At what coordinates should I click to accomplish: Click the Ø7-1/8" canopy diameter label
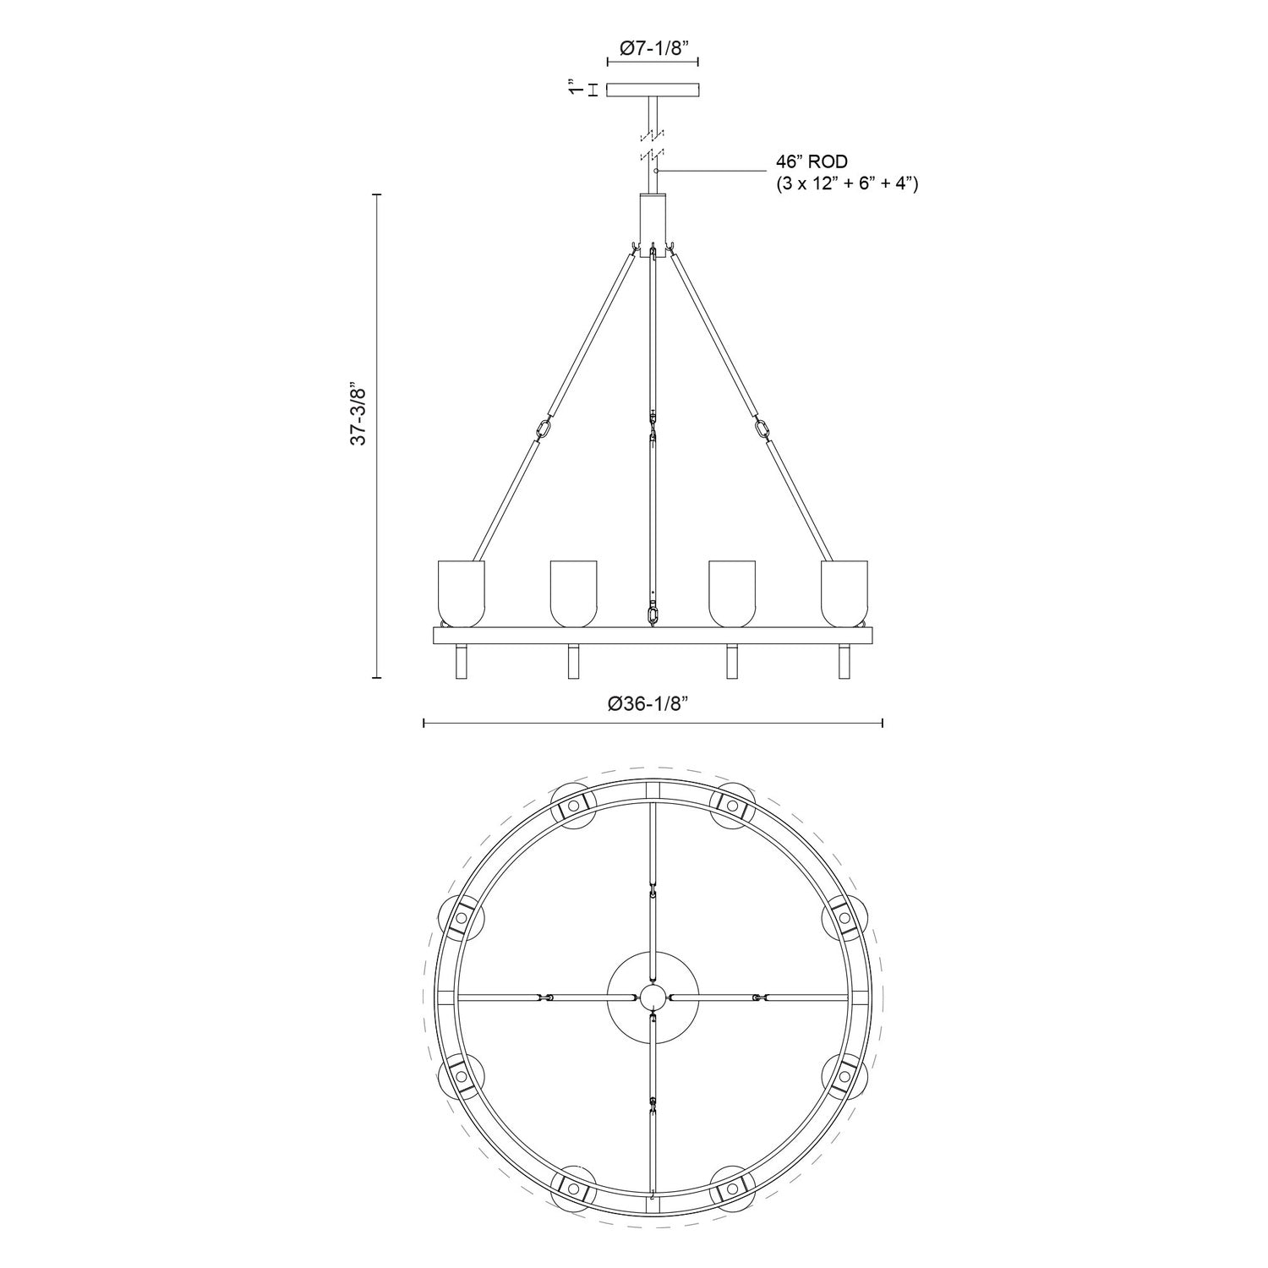(x=653, y=49)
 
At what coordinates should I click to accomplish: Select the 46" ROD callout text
(x=812, y=161)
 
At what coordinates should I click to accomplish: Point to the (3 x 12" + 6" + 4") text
(x=847, y=183)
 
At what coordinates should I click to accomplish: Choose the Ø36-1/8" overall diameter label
(x=653, y=702)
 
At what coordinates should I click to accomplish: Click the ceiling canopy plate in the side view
(x=653, y=89)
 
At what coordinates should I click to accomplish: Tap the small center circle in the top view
(x=653, y=997)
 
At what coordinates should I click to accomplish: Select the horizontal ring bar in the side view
(x=653, y=635)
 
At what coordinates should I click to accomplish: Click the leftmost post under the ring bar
(x=461, y=661)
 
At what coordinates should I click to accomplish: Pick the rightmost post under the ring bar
(x=844, y=661)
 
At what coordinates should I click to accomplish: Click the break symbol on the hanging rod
(x=653, y=144)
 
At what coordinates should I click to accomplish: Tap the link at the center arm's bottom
(x=653, y=614)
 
